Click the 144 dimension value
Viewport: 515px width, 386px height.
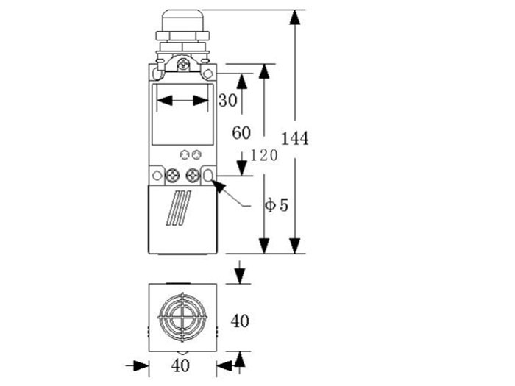(295, 138)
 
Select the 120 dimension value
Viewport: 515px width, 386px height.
(264, 155)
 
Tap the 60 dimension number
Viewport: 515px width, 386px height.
(241, 133)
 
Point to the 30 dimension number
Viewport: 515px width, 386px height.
(227, 100)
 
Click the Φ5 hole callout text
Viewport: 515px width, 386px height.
(276, 205)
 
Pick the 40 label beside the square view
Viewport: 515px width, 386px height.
(240, 321)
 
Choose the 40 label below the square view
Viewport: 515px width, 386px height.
(180, 365)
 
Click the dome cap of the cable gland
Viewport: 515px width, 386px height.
(182, 20)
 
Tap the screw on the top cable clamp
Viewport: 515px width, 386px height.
(183, 65)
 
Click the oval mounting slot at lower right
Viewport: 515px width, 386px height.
(208, 176)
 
